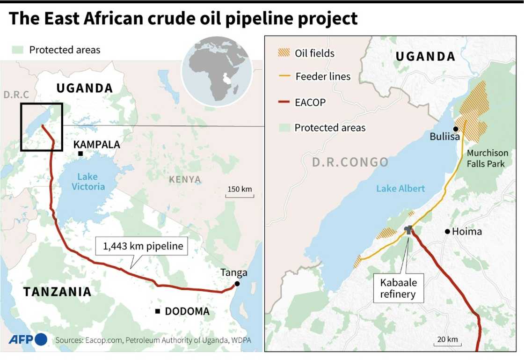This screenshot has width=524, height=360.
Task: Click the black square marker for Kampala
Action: point(80,154)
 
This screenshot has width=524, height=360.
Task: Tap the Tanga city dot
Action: point(237,284)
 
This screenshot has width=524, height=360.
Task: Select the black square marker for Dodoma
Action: point(158,311)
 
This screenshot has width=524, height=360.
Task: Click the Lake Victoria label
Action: point(88,181)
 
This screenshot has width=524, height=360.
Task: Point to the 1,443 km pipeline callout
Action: point(141,246)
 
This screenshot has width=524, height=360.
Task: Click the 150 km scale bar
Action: point(240,194)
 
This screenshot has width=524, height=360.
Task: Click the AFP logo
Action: point(28,339)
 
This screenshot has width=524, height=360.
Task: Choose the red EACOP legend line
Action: point(284,102)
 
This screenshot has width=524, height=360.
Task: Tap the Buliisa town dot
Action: point(455,129)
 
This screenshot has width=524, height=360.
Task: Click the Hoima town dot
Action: point(447,231)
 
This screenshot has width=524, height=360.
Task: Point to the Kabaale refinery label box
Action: point(398,288)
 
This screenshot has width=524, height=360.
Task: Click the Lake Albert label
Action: point(400,188)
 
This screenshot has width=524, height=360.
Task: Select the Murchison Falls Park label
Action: point(487,158)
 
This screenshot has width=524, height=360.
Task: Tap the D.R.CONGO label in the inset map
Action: point(350,162)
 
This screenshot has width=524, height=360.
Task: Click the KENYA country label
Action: point(185,179)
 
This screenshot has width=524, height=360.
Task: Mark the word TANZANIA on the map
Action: point(58,292)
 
